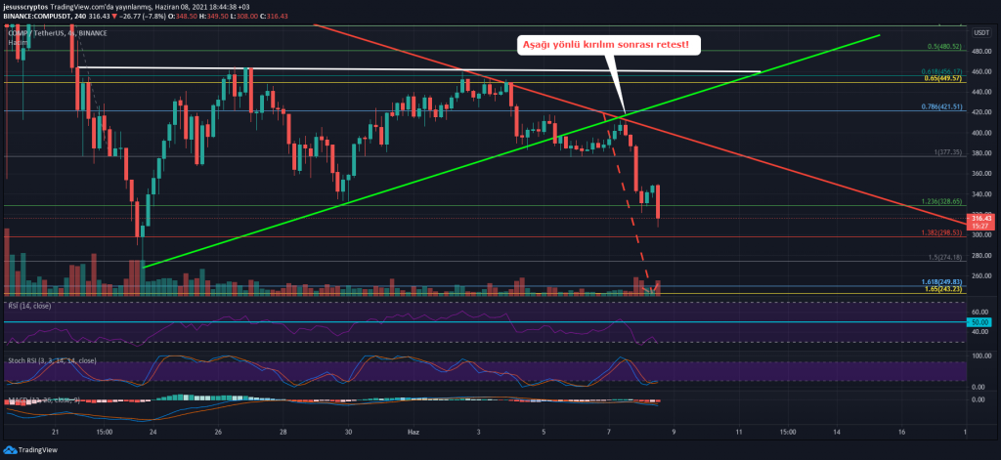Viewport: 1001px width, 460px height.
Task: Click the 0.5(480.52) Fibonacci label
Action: click(945, 46)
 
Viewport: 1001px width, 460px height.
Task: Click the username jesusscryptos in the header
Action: click(29, 7)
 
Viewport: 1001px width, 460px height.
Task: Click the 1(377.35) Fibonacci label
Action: click(948, 152)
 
